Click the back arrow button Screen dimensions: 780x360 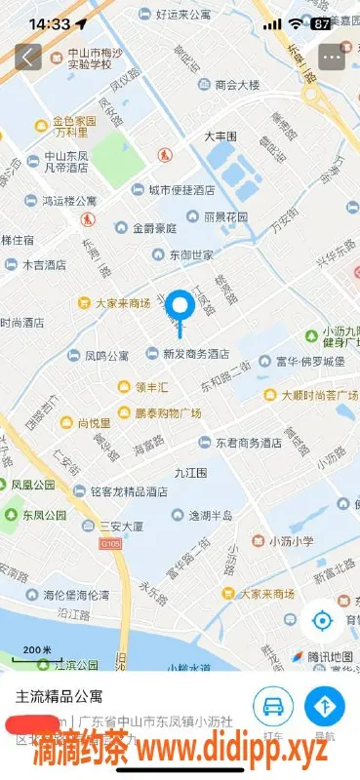pyautogui.click(x=28, y=58)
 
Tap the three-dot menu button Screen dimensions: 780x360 pyautogui.click(x=332, y=58)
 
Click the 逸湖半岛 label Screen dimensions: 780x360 pyautogui.click(x=211, y=514)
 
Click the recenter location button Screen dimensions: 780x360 pyautogui.click(x=323, y=621)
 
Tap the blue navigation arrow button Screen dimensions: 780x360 pyautogui.click(x=325, y=705)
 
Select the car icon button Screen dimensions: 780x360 pyautogui.click(x=274, y=705)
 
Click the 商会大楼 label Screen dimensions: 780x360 pyautogui.click(x=237, y=85)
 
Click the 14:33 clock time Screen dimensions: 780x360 pyautogui.click(x=50, y=23)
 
